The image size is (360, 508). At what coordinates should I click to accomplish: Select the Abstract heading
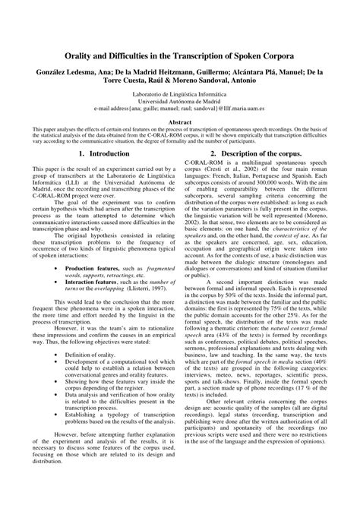coord(180,121)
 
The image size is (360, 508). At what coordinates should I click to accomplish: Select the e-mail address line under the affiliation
coord(179,108)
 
